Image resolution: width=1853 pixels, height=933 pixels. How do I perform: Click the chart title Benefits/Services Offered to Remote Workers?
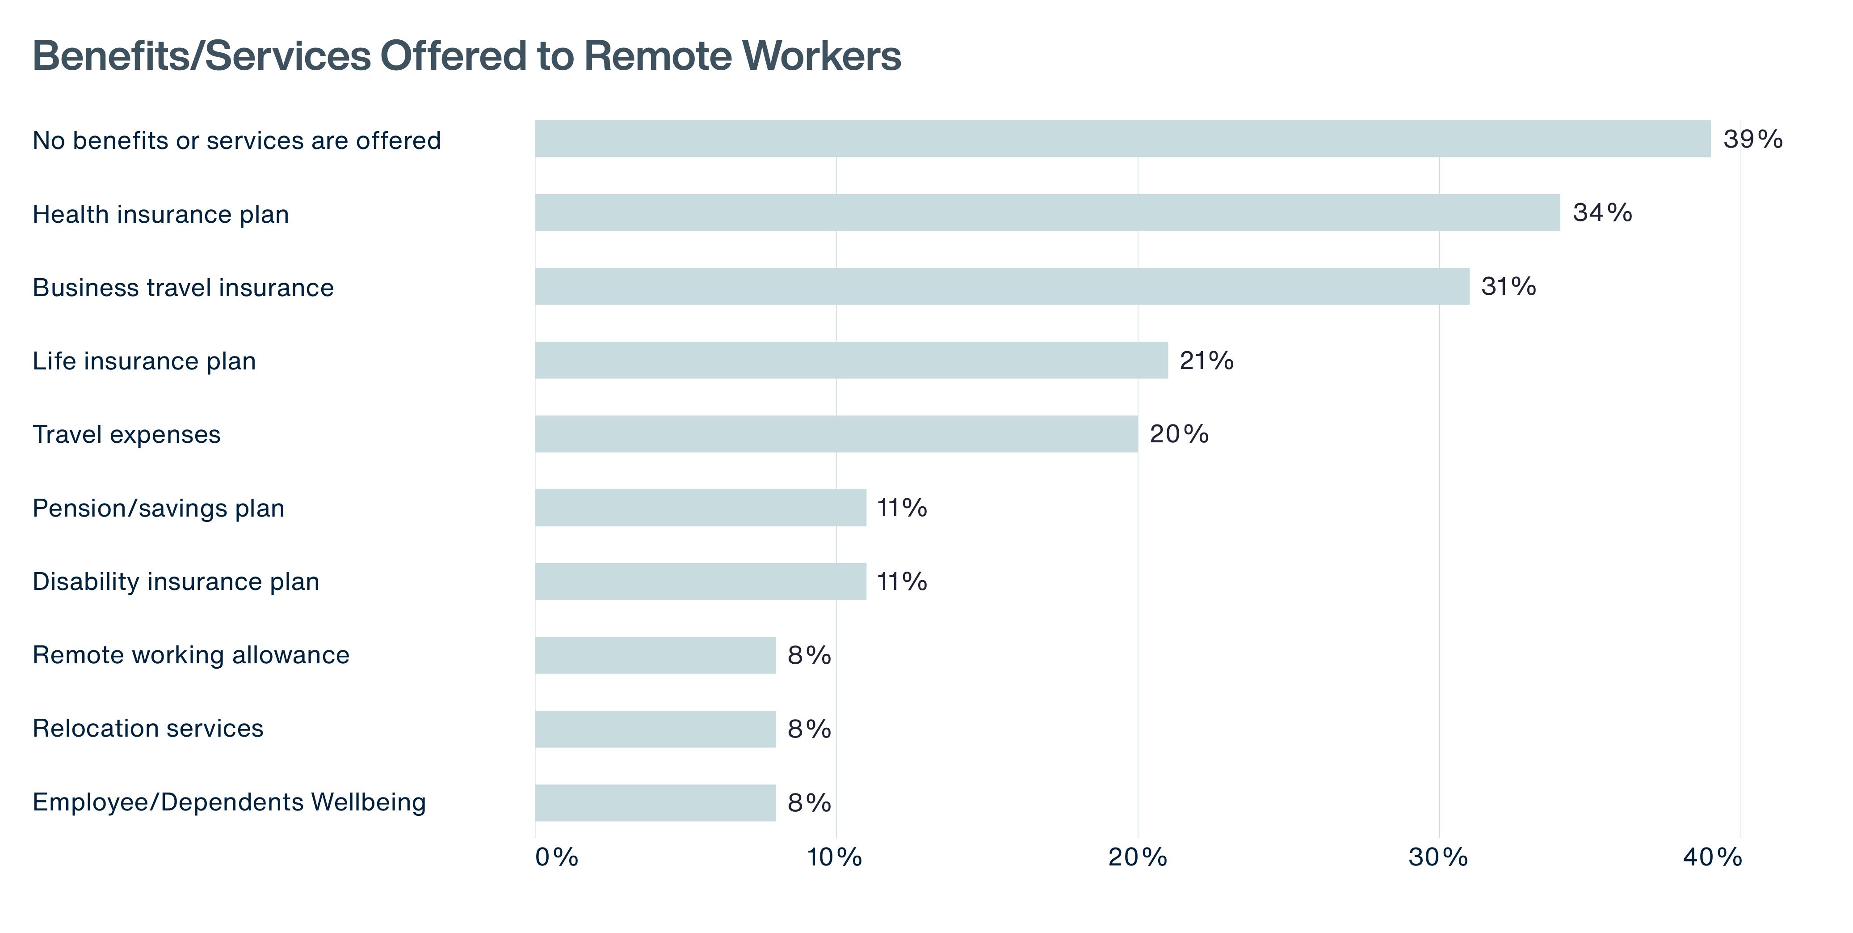point(467,55)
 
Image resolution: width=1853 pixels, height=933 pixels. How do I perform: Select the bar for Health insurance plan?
point(1047,212)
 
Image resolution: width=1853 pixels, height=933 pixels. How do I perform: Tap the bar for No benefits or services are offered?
point(1123,139)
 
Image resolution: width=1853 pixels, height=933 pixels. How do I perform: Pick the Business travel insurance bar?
point(1002,287)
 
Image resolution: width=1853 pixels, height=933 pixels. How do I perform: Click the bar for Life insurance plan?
point(852,360)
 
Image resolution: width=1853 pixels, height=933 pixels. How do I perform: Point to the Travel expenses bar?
point(836,434)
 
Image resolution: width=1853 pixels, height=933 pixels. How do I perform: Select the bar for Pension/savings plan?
point(701,508)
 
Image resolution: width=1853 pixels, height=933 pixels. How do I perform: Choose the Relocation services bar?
point(655,729)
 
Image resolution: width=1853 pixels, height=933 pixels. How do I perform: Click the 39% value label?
point(1753,139)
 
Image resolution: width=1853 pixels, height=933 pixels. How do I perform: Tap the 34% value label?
point(1603,212)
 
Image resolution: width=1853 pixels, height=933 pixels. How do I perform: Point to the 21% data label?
point(1206,360)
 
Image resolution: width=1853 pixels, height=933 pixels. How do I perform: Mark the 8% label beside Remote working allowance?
point(809,655)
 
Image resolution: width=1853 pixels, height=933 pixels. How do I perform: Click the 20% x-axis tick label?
point(1137,857)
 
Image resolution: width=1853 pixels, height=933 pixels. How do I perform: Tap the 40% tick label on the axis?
point(1712,857)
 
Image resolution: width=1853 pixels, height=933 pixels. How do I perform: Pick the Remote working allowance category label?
point(191,655)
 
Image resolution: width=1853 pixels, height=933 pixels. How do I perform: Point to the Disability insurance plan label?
point(176,582)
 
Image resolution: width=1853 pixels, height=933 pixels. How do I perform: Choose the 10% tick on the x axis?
point(834,857)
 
